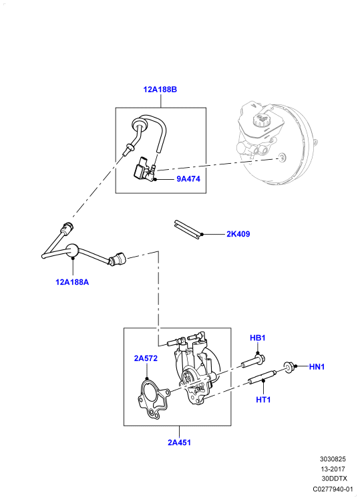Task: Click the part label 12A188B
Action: click(x=160, y=90)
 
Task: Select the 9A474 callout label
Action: click(x=188, y=179)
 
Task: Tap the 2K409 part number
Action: click(x=238, y=234)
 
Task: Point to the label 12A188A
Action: click(x=72, y=282)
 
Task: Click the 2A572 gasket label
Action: click(x=146, y=358)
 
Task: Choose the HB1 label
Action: click(x=257, y=338)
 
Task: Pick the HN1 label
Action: click(x=317, y=367)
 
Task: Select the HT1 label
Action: click(x=263, y=400)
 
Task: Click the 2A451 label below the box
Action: click(x=179, y=443)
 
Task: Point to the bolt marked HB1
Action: click(x=253, y=361)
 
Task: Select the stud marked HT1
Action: click(x=262, y=376)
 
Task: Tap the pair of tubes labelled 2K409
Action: click(x=188, y=229)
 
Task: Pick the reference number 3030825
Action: click(x=333, y=459)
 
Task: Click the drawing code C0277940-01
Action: click(x=333, y=489)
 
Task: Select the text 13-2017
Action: click(x=333, y=469)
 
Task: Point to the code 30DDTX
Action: click(x=334, y=479)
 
